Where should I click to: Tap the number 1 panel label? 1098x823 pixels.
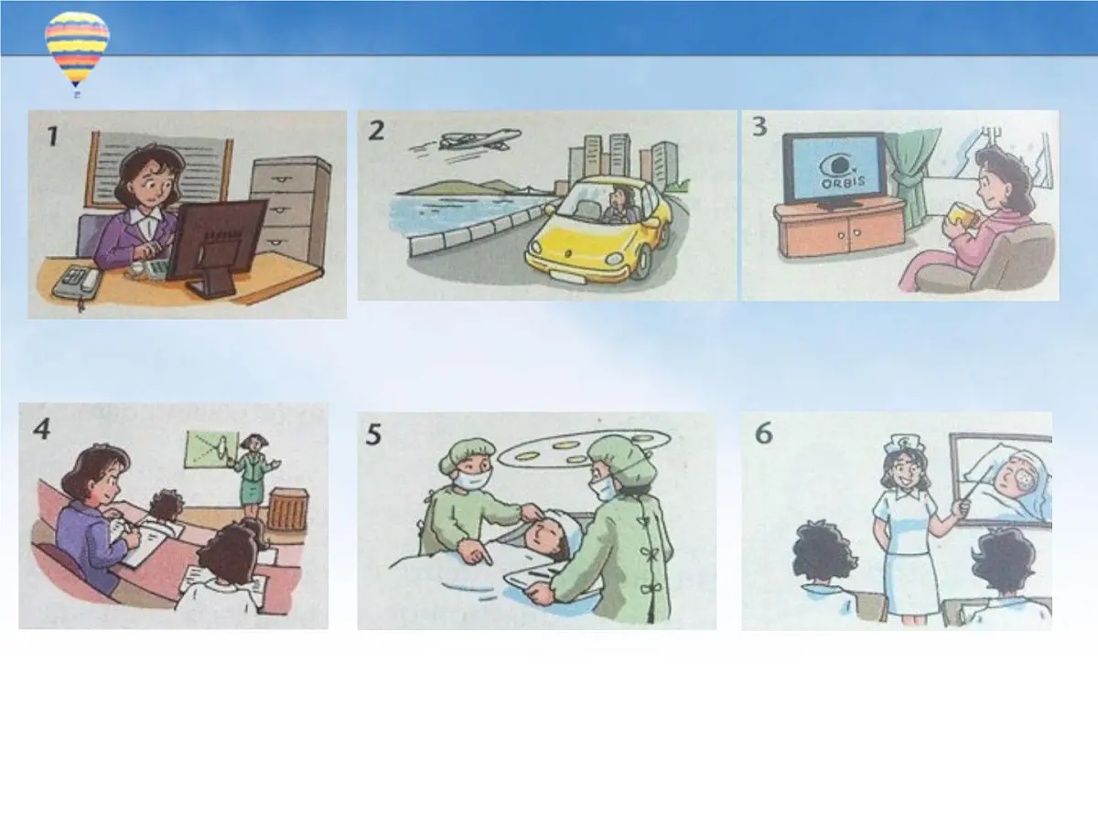[x=53, y=136]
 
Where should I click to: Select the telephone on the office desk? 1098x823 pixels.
[x=76, y=282]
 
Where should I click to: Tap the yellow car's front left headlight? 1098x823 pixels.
[x=536, y=248]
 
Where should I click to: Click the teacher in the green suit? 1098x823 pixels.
[x=253, y=476]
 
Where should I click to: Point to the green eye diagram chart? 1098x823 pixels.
[x=210, y=450]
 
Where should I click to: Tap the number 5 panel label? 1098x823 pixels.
[x=373, y=434]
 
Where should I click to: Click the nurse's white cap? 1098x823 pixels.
[x=903, y=443]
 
